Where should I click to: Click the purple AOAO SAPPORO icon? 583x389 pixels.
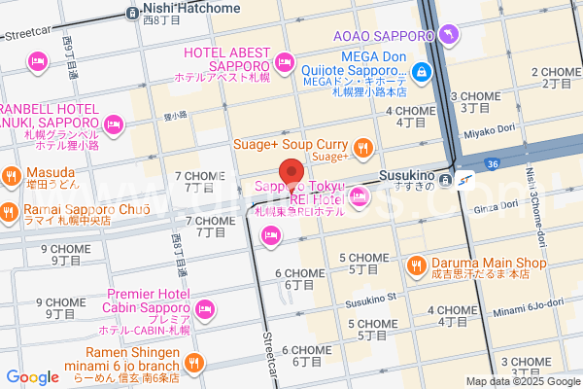[447, 36]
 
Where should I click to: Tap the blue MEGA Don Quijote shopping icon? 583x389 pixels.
[421, 70]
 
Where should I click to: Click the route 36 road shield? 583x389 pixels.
[493, 164]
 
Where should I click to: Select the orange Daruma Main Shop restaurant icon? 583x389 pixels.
[415, 263]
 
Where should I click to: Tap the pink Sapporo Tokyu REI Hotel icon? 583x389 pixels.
[360, 198]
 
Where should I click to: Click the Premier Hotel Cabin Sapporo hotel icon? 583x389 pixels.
[205, 309]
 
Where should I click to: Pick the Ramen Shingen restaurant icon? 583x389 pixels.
[194, 364]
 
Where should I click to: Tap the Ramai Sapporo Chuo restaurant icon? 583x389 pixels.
[8, 210]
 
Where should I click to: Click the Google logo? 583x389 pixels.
[32, 377]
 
